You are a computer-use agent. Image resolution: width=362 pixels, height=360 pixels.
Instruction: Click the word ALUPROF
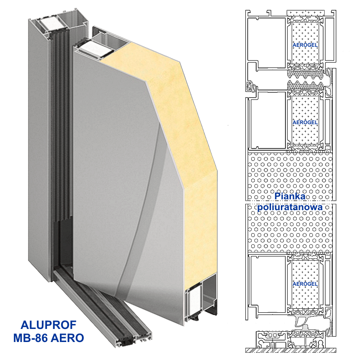coord(49,325)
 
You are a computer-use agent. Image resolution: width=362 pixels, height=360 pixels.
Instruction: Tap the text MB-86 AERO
coord(49,338)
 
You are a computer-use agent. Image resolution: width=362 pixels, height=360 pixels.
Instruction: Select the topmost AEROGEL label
coord(305,45)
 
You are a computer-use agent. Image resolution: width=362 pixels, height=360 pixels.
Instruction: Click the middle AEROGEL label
coord(305,122)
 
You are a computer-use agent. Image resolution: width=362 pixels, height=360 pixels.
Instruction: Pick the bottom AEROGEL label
coord(305,284)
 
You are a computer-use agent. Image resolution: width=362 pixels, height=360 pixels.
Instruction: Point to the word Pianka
coord(290,196)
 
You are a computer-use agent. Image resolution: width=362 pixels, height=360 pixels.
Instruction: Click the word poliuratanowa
coord(290,207)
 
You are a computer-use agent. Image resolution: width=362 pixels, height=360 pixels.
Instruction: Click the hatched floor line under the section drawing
coord(291,350)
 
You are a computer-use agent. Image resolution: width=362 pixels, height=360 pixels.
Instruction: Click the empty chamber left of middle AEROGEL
coord(268,120)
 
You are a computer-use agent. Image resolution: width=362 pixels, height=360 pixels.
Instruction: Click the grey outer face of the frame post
coord(39,150)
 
